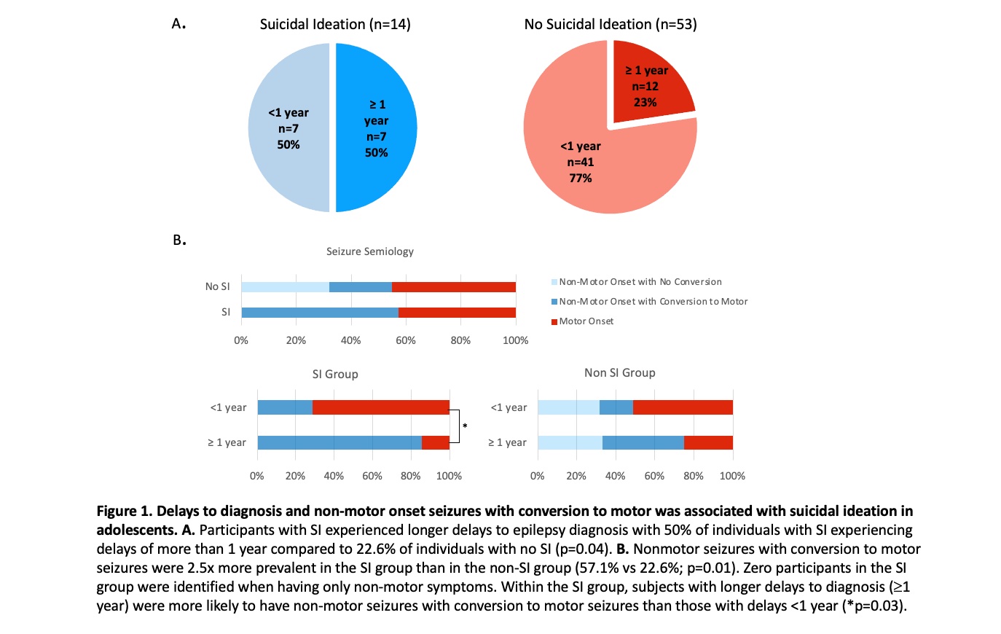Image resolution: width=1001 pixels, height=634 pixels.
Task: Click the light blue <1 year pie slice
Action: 288,128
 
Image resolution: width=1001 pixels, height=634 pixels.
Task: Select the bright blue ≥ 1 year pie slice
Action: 377,128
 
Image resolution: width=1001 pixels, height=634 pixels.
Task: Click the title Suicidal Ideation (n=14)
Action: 335,24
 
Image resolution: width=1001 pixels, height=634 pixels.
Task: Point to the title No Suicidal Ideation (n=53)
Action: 611,24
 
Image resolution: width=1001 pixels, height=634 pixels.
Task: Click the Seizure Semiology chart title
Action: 369,251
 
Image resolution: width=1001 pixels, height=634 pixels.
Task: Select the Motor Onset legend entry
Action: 586,321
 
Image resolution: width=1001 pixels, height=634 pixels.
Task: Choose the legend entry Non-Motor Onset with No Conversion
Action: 640,282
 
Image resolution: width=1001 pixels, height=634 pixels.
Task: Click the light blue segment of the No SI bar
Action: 285,287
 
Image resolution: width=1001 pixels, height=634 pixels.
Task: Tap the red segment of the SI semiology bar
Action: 457,313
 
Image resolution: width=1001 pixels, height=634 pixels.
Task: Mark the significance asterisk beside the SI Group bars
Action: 465,426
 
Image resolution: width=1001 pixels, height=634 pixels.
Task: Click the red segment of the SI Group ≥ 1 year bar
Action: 436,442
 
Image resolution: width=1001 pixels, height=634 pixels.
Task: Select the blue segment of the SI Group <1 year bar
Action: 285,407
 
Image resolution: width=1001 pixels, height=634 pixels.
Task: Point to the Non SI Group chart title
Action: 619,372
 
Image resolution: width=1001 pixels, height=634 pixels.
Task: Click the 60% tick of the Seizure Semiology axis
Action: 406,340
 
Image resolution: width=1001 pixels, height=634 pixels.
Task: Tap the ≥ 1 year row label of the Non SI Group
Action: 507,442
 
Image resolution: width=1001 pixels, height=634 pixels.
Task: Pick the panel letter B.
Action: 179,240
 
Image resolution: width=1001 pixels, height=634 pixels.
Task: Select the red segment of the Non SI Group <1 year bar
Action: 683,407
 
